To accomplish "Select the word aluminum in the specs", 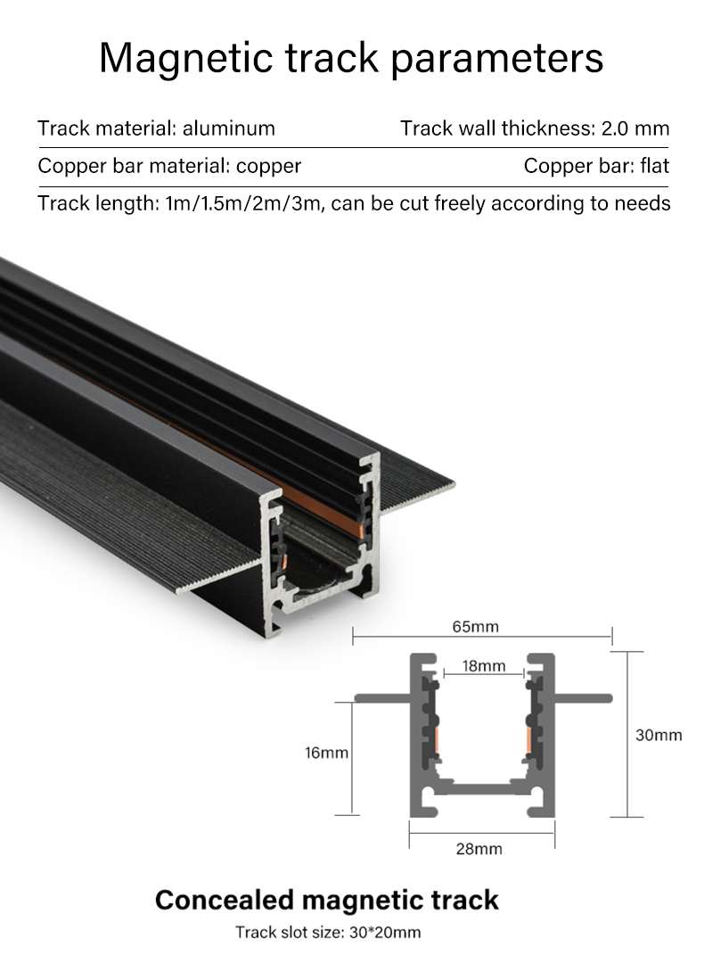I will click(x=229, y=128).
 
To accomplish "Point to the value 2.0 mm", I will click(x=635, y=128).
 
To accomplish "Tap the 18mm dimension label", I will click(x=484, y=666).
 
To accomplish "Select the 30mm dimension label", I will click(x=659, y=735).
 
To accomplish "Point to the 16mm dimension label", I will click(x=326, y=753).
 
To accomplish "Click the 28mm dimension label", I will click(x=479, y=848).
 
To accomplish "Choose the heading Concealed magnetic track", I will click(x=327, y=900).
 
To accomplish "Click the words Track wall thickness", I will click(x=495, y=128).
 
